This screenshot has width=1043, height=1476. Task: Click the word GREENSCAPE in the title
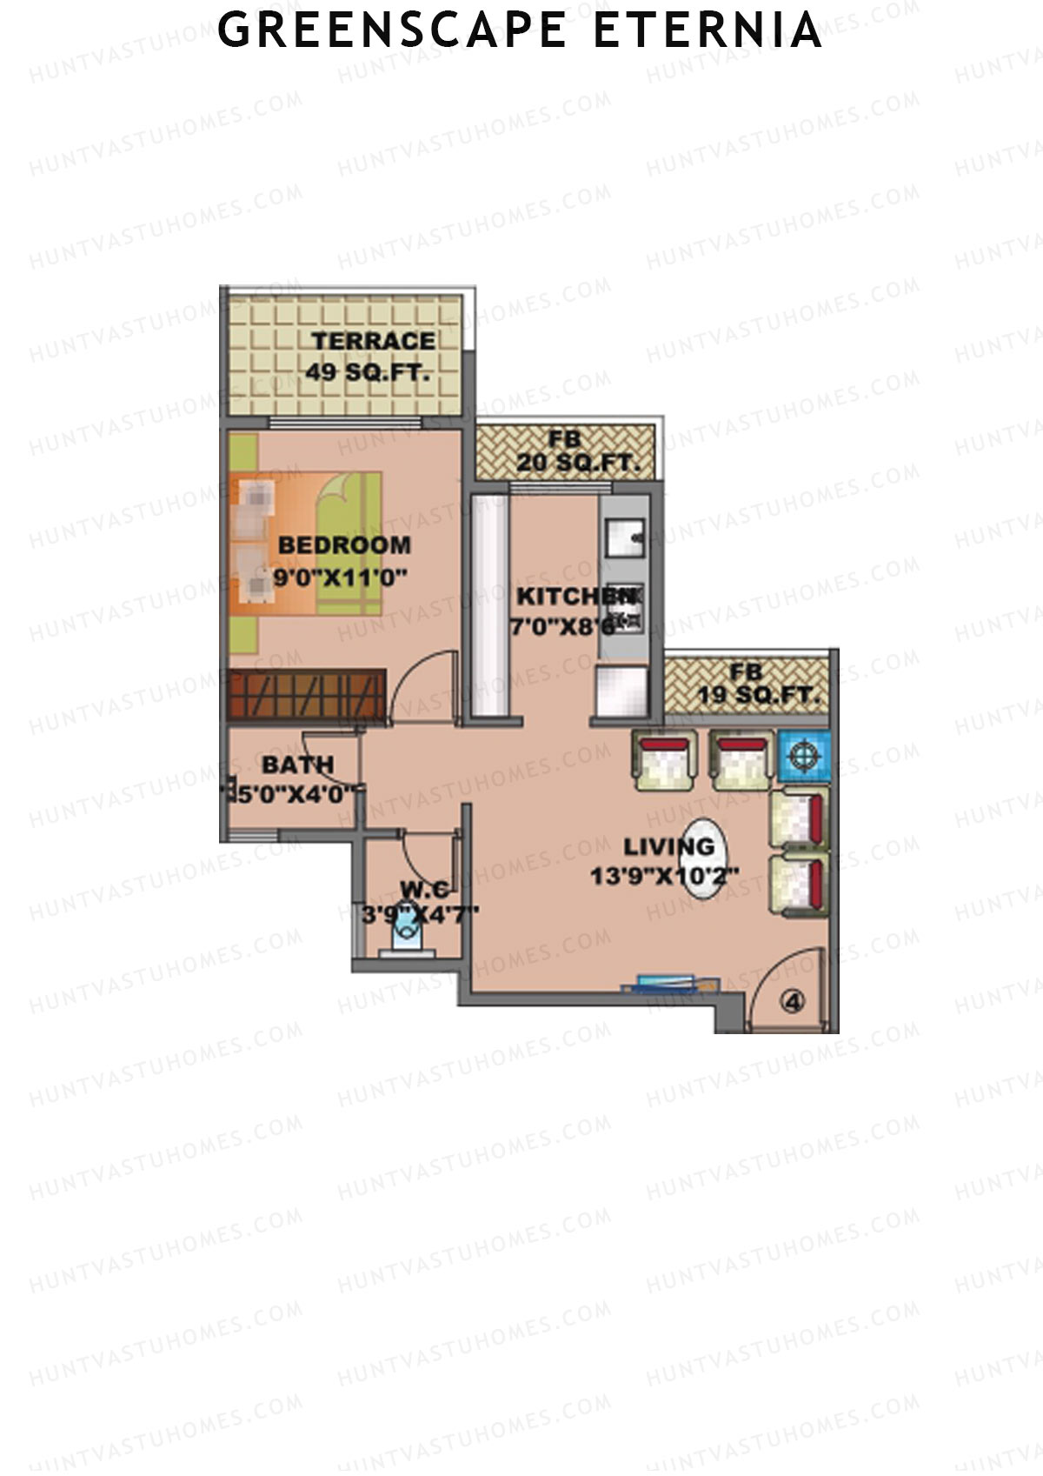pyautogui.click(x=391, y=30)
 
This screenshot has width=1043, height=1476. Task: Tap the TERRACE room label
pyautogui.click(x=373, y=341)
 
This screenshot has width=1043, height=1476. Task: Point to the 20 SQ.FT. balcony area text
pyautogui.click(x=577, y=463)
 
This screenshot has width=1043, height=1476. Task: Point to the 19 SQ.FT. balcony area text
pyautogui.click(x=759, y=695)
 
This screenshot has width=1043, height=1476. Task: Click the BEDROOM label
pyautogui.click(x=344, y=545)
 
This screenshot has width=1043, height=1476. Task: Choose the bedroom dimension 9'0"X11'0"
pyautogui.click(x=340, y=576)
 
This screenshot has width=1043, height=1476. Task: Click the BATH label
pyautogui.click(x=297, y=765)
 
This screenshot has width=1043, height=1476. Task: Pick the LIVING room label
pyautogui.click(x=668, y=845)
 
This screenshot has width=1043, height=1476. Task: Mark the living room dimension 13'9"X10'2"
pyautogui.click(x=665, y=876)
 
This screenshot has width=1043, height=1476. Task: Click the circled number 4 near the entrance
pyautogui.click(x=792, y=1002)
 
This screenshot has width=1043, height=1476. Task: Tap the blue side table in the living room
pyautogui.click(x=803, y=755)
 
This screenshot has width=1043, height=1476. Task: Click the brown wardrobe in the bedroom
pyautogui.click(x=306, y=694)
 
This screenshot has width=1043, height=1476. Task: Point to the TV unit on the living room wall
pyautogui.click(x=670, y=985)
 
